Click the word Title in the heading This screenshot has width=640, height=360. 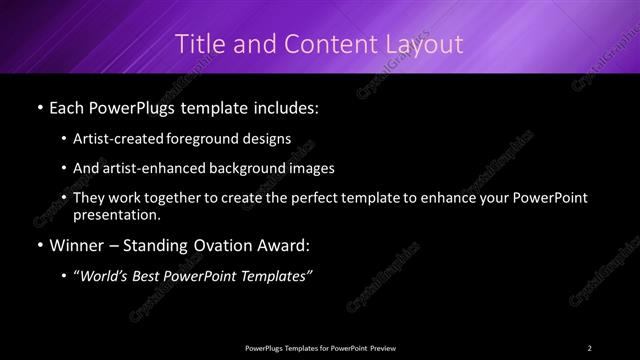click(x=200, y=44)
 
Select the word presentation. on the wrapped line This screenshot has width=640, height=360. click(x=116, y=214)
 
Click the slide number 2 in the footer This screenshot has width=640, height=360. click(x=590, y=347)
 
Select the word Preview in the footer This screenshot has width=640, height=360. click(x=380, y=347)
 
